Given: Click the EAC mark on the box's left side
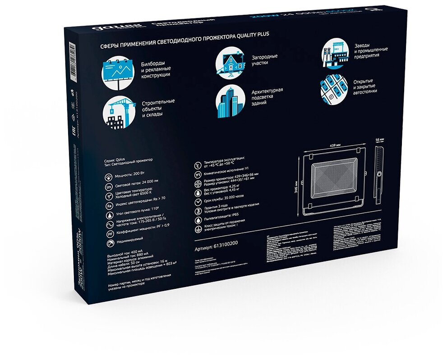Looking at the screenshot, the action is coord(74,123).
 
